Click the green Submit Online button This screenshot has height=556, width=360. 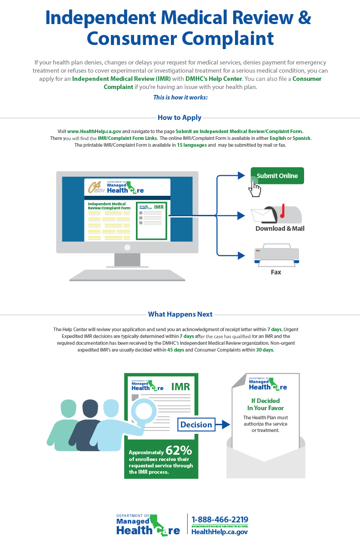point(277,176)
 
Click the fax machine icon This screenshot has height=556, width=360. point(276,256)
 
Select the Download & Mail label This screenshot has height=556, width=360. point(280,228)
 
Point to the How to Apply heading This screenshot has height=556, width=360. point(180,118)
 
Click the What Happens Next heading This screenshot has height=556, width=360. point(180,314)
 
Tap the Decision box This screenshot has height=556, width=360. point(196,425)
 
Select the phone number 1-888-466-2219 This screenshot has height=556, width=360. point(220,520)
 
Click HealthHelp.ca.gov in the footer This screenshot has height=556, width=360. point(220,532)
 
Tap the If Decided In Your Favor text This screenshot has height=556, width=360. point(265,404)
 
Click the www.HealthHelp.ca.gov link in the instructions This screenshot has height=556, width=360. point(94,131)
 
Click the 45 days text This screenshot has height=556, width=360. point(175,350)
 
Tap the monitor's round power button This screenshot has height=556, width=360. point(127,248)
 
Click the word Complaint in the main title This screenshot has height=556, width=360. point(225,39)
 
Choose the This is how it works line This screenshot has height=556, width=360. point(180,97)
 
